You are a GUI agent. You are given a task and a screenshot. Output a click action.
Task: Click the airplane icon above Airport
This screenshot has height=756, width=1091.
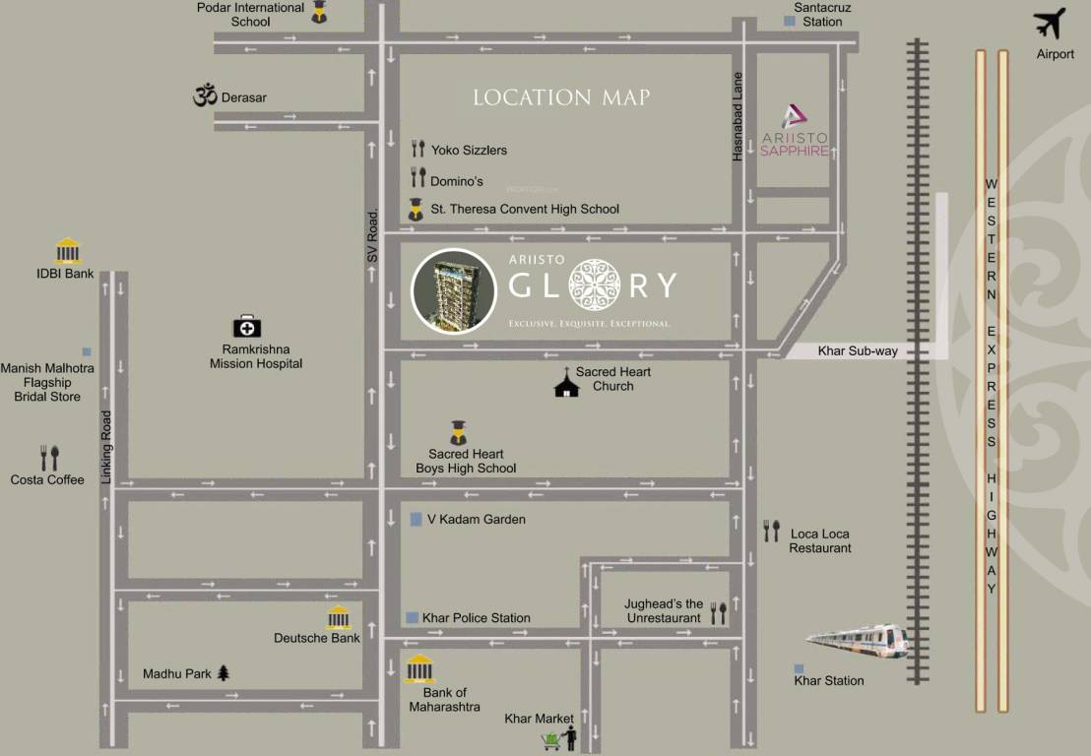point(1051,24)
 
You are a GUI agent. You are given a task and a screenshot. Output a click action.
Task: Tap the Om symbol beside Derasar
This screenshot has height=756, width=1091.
point(205,96)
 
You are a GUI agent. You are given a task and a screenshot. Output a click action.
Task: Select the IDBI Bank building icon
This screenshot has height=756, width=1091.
point(68,251)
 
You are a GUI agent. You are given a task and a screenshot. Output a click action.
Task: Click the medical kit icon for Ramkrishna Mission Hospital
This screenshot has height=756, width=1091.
point(246,326)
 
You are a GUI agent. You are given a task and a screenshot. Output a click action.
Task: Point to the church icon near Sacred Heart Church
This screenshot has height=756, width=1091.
point(566,383)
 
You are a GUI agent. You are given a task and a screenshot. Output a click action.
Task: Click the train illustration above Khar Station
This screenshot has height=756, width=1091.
point(858,641)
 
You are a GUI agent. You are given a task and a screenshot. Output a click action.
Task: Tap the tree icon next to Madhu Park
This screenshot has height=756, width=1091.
point(224,673)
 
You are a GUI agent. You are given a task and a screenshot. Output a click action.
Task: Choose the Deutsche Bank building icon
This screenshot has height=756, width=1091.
point(339,617)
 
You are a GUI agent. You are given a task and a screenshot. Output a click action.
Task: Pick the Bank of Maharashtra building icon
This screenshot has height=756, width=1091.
point(419,669)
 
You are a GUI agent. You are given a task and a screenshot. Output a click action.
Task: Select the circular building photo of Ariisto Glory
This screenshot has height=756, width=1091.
point(453,290)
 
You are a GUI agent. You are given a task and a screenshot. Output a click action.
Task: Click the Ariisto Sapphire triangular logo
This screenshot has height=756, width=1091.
point(794,117)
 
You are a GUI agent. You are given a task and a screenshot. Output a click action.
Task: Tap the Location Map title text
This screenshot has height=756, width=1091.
point(561,97)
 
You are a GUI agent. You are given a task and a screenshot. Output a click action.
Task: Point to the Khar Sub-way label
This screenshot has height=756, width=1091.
point(858,350)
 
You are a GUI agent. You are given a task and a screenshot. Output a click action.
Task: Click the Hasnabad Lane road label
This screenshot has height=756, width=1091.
point(737,117)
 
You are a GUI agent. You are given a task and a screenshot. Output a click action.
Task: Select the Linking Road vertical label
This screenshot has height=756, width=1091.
point(106,447)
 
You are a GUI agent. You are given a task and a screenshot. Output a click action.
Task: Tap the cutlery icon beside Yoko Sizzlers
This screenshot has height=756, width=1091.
point(418,150)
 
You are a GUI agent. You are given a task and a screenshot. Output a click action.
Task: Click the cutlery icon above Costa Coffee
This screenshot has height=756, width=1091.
point(49,458)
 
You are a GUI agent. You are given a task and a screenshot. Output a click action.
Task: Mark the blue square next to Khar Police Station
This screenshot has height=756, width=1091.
point(413,617)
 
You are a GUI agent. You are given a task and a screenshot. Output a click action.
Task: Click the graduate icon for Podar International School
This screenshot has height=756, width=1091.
point(319,13)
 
